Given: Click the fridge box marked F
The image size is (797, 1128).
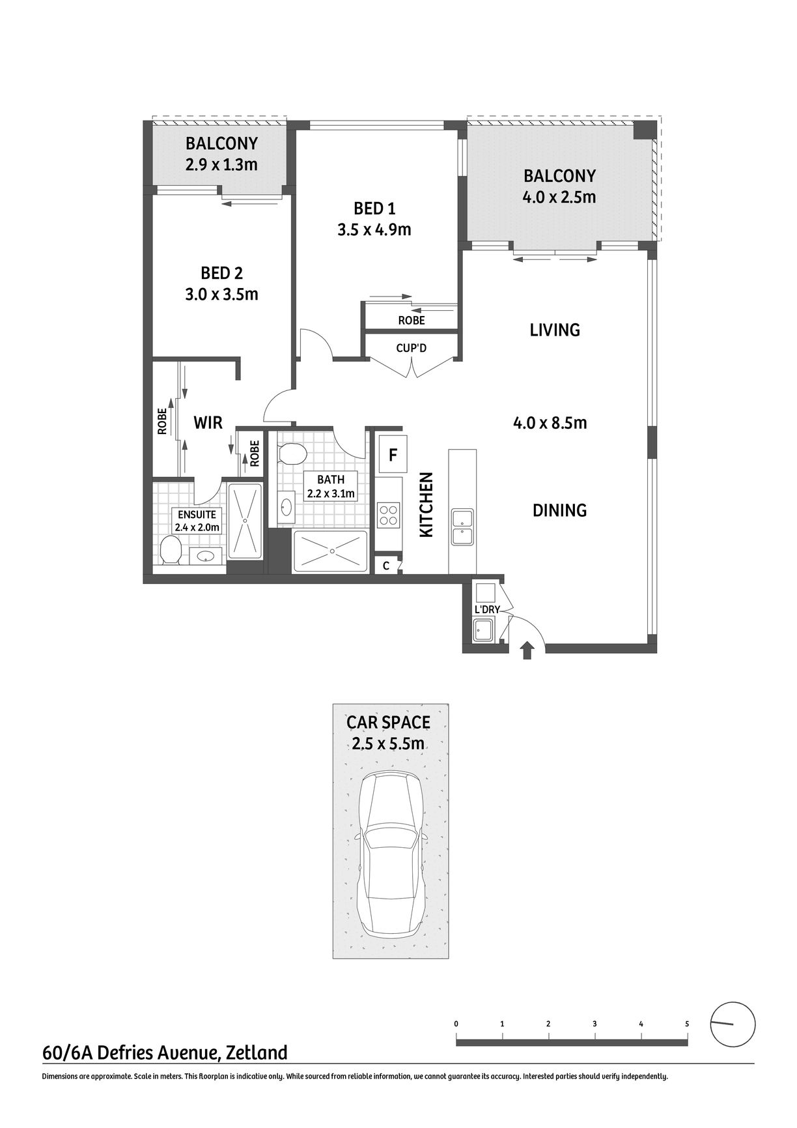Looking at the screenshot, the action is tap(393, 454).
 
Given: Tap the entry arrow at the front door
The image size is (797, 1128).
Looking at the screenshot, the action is tap(527, 651).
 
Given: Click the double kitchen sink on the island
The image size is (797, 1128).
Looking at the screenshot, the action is tap(463, 527).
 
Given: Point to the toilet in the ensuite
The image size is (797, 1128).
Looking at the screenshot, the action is tap(171, 550).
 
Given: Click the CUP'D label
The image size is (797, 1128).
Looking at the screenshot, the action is tap(412, 348).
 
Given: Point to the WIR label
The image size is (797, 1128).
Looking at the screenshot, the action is tap(208, 423).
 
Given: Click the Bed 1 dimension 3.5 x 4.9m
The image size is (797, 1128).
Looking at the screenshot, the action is tap(374, 229).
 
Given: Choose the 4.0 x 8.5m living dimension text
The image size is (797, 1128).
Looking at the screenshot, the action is tap(550, 423).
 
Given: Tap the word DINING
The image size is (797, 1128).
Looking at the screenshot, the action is tap(560, 510).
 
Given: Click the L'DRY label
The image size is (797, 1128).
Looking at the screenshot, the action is tap(487, 609).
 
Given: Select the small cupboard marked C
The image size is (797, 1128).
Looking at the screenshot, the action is tap(386, 566).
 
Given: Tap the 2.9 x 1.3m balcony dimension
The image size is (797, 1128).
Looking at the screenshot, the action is tap(221, 164).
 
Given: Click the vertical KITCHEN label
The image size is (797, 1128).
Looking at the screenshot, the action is tap(426, 505).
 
